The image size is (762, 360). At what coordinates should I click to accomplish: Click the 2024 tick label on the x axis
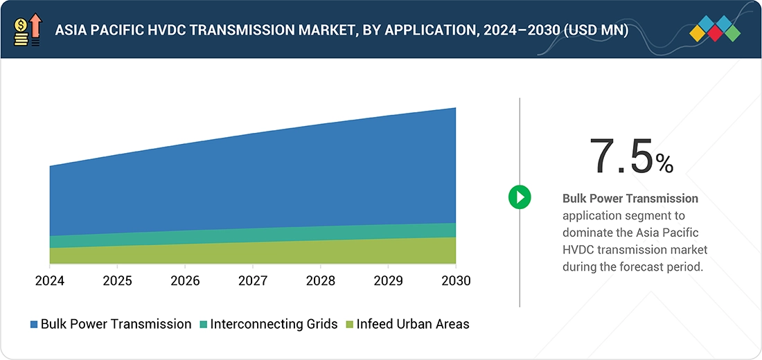(49, 281)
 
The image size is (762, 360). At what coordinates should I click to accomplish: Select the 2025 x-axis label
(117, 281)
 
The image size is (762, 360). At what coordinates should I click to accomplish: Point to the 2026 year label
(185, 281)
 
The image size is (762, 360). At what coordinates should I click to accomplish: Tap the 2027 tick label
(253, 281)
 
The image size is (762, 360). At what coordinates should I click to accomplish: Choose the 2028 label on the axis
(320, 281)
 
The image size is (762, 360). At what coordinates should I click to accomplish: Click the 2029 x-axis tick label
(388, 281)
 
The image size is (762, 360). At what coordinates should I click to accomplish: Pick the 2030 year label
(455, 281)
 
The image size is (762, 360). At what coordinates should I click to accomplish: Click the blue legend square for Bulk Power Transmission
(34, 324)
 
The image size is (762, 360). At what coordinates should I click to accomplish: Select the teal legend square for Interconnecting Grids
(203, 324)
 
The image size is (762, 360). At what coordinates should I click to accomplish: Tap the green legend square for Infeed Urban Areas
(350, 324)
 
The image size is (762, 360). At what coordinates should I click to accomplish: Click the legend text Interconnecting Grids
(274, 324)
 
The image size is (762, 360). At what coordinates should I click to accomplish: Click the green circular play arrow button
(519, 197)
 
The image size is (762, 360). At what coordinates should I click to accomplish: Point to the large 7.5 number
(621, 156)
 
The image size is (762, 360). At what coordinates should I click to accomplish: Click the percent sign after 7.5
(664, 163)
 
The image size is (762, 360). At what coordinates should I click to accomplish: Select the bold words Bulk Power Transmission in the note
(630, 199)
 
